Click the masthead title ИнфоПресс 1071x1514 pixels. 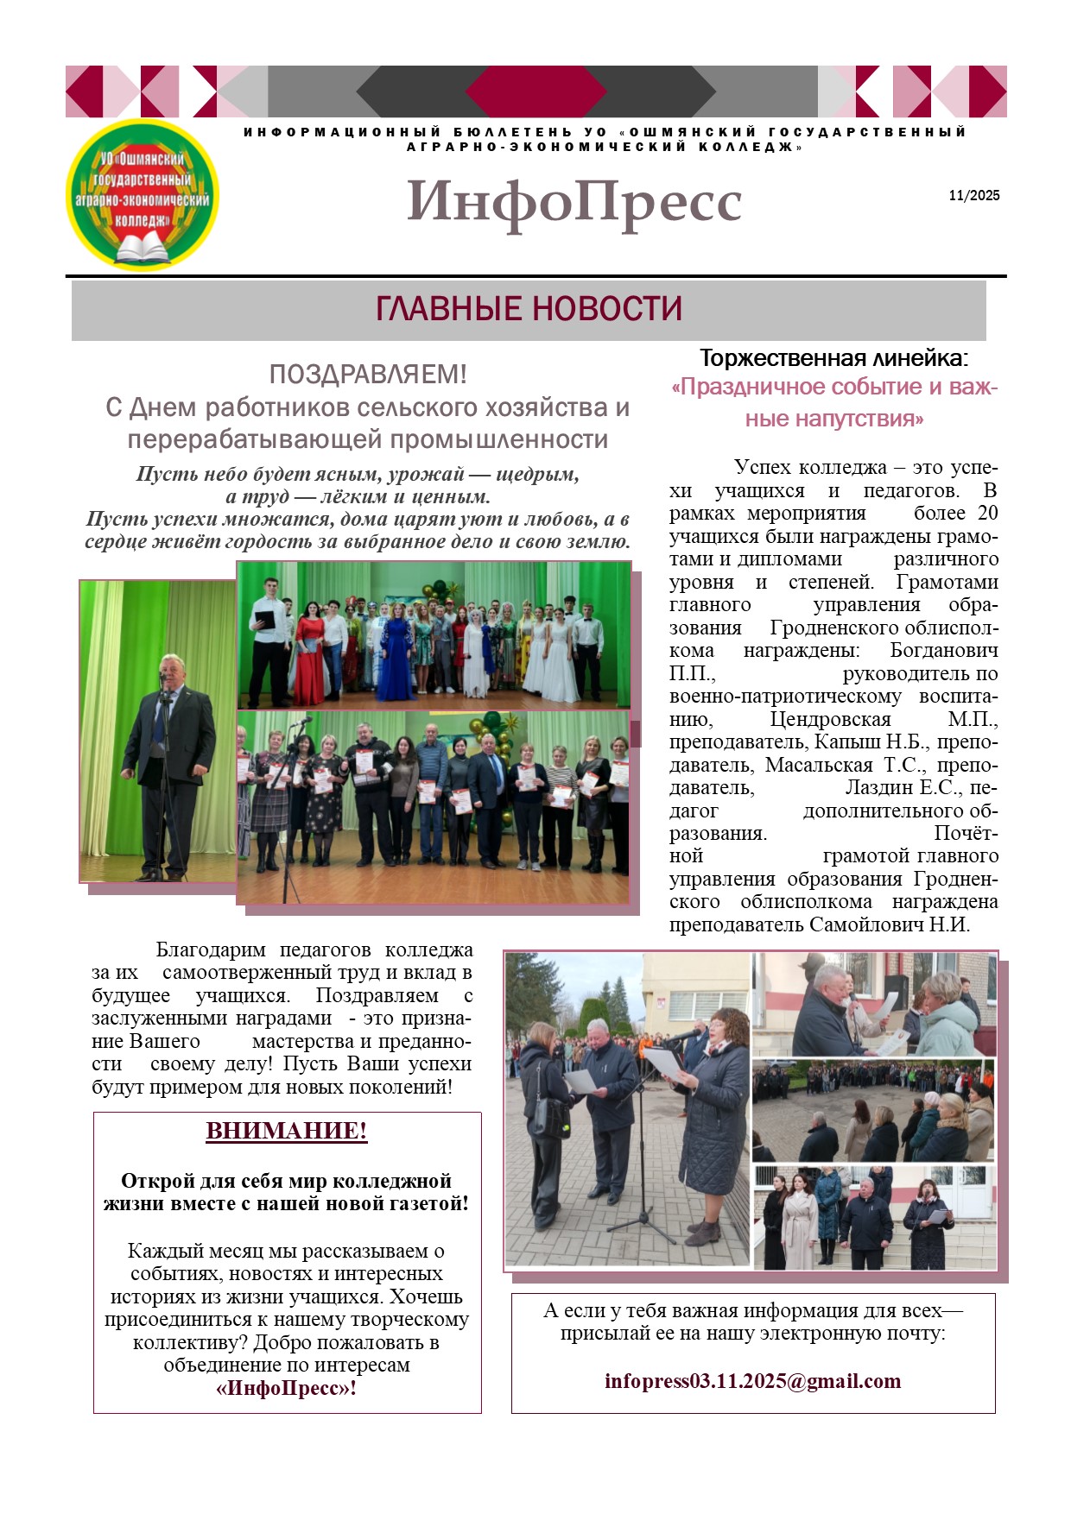574,202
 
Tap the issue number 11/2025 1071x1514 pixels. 973,195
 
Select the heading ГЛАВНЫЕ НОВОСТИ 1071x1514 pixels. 529,309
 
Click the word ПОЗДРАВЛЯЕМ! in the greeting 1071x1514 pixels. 368,375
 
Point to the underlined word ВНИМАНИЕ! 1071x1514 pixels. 287,1131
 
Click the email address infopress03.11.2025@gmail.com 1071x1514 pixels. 752,1381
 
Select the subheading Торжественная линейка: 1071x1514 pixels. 833,358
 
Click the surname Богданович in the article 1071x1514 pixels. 943,651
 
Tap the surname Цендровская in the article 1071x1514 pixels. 830,719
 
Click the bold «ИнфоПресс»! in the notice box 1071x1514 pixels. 286,1388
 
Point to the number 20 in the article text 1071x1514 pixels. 986,514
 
